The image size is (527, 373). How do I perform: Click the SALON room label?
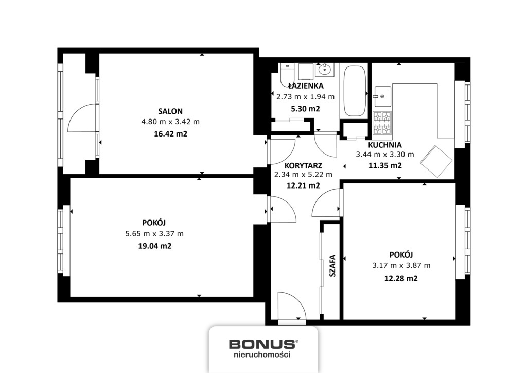pyautogui.click(x=170, y=111)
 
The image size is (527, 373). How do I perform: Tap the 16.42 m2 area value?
pyautogui.click(x=170, y=134)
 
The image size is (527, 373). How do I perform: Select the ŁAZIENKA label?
pyautogui.click(x=306, y=86)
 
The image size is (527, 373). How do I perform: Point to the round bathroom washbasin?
pyautogui.click(x=325, y=70)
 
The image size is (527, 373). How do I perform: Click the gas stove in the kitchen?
pyautogui.click(x=382, y=123)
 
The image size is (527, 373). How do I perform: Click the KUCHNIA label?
pyautogui.click(x=385, y=145)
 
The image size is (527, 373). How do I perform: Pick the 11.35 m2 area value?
pyautogui.click(x=385, y=165)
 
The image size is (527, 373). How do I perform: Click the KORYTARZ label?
pyautogui.click(x=303, y=166)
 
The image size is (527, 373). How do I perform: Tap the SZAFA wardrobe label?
pyautogui.click(x=332, y=266)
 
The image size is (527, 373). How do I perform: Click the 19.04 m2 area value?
pyautogui.click(x=154, y=246)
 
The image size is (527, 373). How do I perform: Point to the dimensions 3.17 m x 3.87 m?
pyautogui.click(x=401, y=265)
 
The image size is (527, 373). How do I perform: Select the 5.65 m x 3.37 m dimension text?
pyautogui.click(x=154, y=234)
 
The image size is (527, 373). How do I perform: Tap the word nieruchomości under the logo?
pyautogui.click(x=262, y=354)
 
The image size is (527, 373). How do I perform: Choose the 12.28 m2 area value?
pyautogui.click(x=401, y=278)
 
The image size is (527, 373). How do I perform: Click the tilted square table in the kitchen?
pyautogui.click(x=436, y=161)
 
